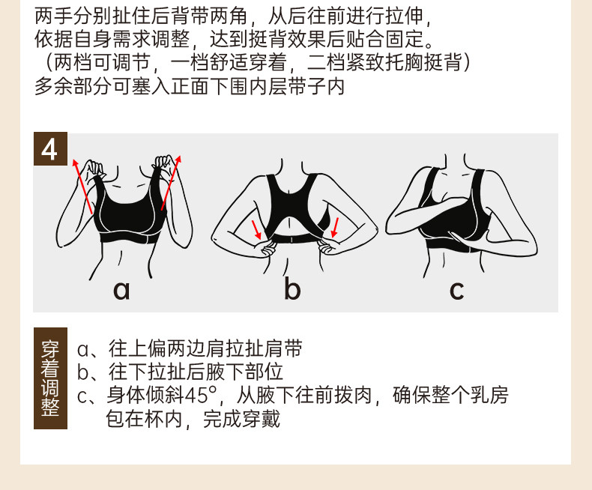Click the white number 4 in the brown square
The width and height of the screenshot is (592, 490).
coord(50,149)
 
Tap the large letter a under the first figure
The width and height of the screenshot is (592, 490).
coord(121,290)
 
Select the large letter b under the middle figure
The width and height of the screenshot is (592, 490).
coord(292,288)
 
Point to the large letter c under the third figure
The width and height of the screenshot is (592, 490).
coord(457,290)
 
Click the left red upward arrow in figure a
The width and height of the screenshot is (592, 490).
coord(82,187)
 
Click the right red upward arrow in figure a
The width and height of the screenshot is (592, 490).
coord(172,182)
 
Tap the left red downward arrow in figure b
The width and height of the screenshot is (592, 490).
coord(257,230)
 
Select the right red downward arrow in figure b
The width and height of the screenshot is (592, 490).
coord(334,228)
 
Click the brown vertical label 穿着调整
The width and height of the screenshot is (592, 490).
coord(50,378)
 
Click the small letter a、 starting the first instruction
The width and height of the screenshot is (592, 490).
coord(87,350)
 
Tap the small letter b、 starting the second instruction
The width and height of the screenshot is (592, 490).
coord(87,372)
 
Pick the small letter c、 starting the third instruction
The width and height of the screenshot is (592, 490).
coord(87,396)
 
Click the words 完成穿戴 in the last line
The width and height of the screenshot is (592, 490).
coord(241,419)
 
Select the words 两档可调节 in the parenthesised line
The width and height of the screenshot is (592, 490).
coord(102,62)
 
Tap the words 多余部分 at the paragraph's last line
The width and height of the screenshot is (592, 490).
coord(73,86)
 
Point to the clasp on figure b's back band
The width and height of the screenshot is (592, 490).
coord(292,239)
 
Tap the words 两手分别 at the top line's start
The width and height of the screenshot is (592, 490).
coord(73,16)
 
